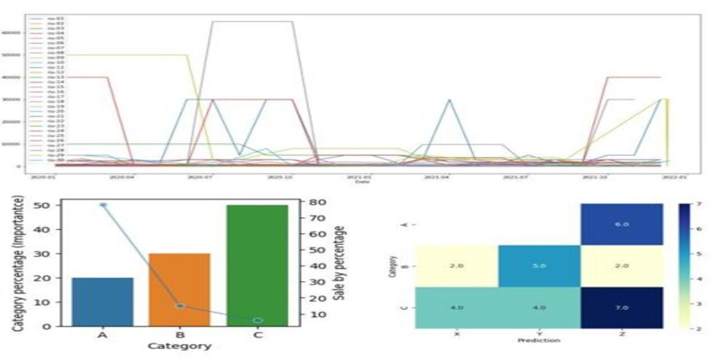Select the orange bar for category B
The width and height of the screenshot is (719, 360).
(179, 290)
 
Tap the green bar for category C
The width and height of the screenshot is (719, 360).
(257, 265)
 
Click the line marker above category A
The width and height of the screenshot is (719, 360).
(103, 205)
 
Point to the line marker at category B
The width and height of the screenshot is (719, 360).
(180, 306)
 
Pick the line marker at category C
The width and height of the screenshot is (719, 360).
(257, 320)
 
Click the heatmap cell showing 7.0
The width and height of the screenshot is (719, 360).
(621, 307)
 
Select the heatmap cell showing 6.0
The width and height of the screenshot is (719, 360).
(621, 224)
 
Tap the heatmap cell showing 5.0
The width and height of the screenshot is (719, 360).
(539, 265)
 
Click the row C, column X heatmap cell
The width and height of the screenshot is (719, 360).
(456, 307)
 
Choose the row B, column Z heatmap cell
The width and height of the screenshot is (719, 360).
(621, 265)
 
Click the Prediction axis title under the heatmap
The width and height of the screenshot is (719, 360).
(539, 340)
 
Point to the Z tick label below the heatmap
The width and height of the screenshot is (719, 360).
(621, 333)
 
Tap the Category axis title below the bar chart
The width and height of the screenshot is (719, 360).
(179, 346)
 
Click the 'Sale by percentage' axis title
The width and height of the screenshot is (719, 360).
(340, 262)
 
